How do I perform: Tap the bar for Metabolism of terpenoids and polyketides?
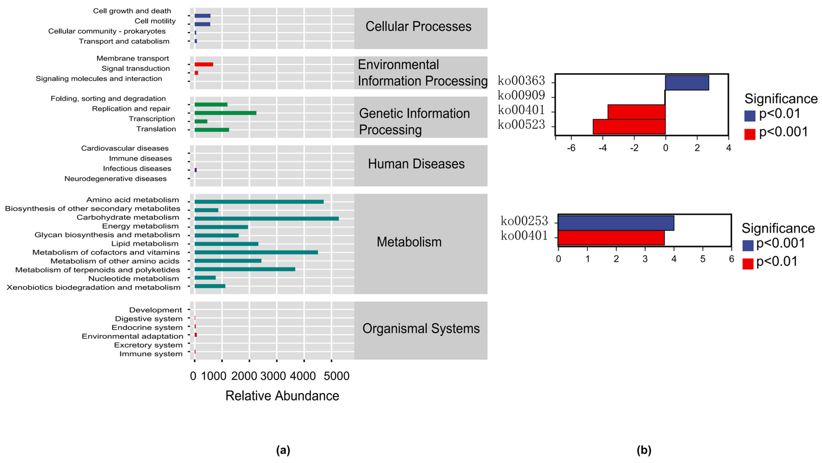[x=245, y=269]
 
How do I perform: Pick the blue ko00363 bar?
[x=687, y=83]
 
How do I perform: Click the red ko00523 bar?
[x=629, y=126]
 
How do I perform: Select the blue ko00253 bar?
[x=616, y=223]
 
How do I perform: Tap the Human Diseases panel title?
[x=416, y=164]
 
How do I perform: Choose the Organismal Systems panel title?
[x=421, y=329]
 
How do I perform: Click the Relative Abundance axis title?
[x=282, y=396]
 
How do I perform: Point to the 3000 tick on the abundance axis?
[x=273, y=376]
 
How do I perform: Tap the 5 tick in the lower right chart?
[x=703, y=259]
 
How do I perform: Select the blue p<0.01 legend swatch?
[x=749, y=116]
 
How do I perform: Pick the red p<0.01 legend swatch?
[x=748, y=264]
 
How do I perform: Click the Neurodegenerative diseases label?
[x=116, y=179]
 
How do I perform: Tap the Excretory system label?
[x=148, y=345]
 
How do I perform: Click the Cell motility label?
[x=155, y=21]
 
